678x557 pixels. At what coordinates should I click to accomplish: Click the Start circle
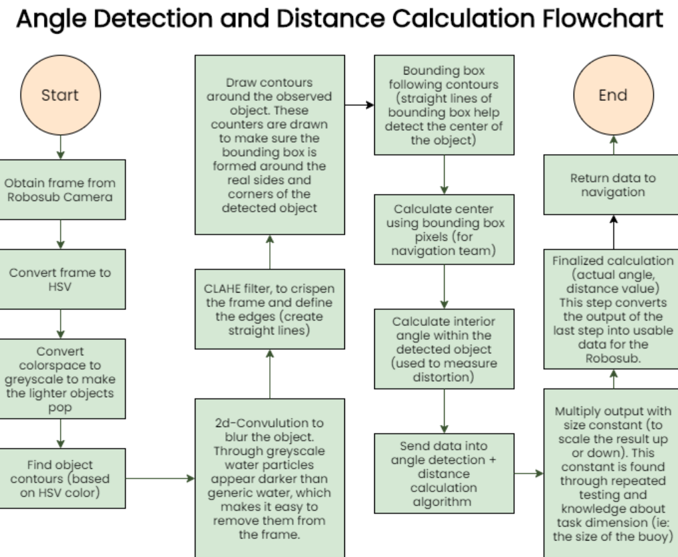pos(60,95)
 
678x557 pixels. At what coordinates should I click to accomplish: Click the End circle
pos(614,95)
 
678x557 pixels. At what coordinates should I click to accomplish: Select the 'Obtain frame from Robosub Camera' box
pos(60,190)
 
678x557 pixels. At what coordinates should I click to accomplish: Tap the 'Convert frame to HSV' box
pos(60,279)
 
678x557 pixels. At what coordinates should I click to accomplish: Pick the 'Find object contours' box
pos(60,479)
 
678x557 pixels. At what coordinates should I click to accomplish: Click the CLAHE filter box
pos(270,309)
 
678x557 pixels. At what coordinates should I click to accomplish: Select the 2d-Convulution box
pos(270,477)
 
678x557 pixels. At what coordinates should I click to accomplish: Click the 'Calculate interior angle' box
pos(444,349)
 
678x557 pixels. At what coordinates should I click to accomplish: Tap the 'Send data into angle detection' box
pos(444,473)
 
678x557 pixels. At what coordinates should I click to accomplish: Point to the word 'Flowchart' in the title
pos(603,19)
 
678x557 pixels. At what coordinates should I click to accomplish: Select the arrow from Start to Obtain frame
pos(60,147)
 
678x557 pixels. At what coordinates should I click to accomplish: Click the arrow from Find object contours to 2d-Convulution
pos(160,479)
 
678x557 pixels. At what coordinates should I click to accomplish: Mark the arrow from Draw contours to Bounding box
pos(360,105)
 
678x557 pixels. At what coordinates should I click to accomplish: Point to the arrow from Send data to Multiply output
pos(529,473)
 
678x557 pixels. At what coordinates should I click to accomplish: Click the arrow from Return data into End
pos(614,145)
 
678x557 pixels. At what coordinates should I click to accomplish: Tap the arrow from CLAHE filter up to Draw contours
pos(270,252)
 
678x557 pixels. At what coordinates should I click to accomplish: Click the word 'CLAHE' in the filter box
pos(222,288)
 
